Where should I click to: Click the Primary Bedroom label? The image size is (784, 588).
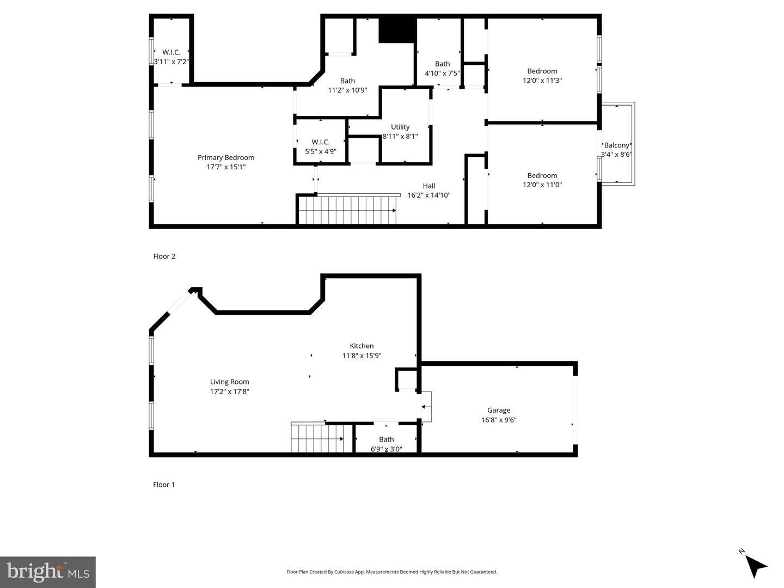tap(226, 158)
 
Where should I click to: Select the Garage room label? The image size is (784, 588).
tap(499, 411)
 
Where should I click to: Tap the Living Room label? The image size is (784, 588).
tap(229, 382)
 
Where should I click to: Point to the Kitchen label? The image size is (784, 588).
tap(362, 346)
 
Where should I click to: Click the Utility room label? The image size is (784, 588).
tap(400, 127)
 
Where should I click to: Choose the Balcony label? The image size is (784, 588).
tap(617, 145)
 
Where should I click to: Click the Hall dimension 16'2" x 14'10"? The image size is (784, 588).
tap(429, 195)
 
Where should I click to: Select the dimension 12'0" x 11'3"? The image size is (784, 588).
tap(542, 81)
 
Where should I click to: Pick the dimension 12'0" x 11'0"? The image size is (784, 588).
tap(542, 185)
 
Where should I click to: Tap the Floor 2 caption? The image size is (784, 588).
tap(164, 256)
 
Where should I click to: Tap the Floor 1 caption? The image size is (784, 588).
tap(164, 485)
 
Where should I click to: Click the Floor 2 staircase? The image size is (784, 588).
tap(347, 210)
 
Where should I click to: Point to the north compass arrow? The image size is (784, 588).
tap(755, 566)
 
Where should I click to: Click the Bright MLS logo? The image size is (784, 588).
tap(48, 572)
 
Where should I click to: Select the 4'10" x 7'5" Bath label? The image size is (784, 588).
tap(442, 69)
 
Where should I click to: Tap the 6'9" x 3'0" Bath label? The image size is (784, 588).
tap(387, 444)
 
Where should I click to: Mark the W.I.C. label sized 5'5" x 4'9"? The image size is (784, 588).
tap(321, 147)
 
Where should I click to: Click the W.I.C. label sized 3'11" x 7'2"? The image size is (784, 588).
tap(171, 57)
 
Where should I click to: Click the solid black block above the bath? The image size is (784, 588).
tap(397, 30)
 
